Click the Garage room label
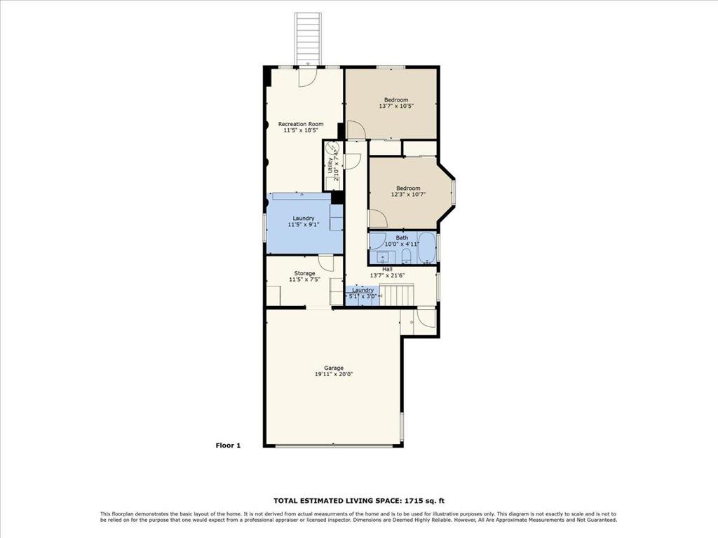coord(334,368)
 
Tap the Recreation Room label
coord(301,124)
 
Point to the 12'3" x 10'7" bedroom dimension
coord(409,195)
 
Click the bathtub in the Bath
coord(427,249)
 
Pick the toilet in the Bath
coord(406,257)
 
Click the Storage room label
coord(304,274)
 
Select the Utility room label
coord(330,165)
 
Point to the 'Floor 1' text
coord(228,445)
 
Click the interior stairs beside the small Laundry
coord(398,295)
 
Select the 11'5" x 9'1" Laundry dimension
coord(304,225)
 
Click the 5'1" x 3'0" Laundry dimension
coord(363,296)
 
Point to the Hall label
coord(387,270)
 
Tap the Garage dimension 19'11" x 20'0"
coord(334,374)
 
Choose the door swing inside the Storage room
coord(326,263)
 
